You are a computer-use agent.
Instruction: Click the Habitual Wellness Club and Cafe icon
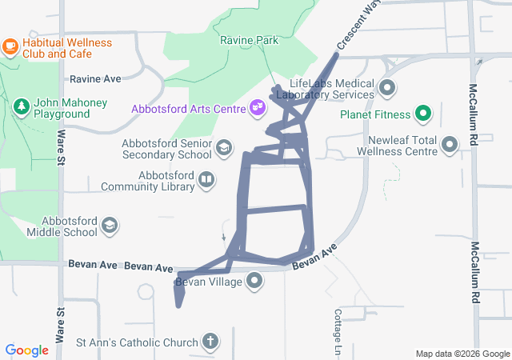[x=10, y=46]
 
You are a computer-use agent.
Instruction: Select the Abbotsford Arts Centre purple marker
[x=257, y=106]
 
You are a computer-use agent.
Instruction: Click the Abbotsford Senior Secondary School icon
[x=225, y=147]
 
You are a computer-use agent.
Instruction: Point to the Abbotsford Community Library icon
[x=206, y=179]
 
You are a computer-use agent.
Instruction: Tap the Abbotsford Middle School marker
[x=109, y=226]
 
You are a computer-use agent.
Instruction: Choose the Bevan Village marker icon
[x=254, y=280]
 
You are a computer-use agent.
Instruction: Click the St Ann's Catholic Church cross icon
[x=210, y=342]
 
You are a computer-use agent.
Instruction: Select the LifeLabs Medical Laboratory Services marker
[x=387, y=87]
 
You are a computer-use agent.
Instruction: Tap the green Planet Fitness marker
[x=423, y=114]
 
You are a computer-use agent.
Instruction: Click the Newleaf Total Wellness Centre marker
[x=450, y=144]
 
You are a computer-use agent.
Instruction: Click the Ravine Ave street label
[x=95, y=79]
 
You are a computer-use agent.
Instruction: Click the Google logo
[x=27, y=350]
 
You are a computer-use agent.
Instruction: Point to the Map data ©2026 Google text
[x=462, y=354]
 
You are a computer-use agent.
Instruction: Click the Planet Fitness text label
[x=374, y=114]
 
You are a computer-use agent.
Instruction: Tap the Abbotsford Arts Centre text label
[x=188, y=107]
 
